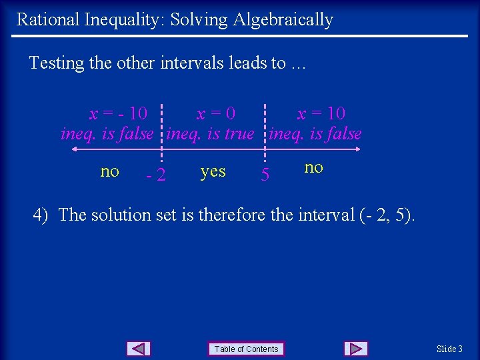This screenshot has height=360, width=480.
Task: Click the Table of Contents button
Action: pyautogui.click(x=246, y=349)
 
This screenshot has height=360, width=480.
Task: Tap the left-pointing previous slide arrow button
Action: pyautogui.click(x=138, y=349)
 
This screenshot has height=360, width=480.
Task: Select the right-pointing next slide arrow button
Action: pyautogui.click(x=356, y=349)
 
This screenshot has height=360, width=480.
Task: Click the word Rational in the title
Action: pyautogui.click(x=47, y=19)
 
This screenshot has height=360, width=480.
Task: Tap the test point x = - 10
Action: pyautogui.click(x=119, y=114)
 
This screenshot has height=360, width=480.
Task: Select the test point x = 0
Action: pyautogui.click(x=215, y=114)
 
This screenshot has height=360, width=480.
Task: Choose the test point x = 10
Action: pyautogui.click(x=321, y=114)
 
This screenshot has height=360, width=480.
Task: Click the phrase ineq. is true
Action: pyautogui.click(x=211, y=134)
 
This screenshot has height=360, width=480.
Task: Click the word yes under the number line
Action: pyautogui.click(x=213, y=172)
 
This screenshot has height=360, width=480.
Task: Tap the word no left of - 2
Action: pyautogui.click(x=110, y=172)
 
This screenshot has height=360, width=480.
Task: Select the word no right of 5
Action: pyautogui.click(x=313, y=167)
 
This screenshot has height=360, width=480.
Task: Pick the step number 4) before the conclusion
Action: pyautogui.click(x=41, y=215)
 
